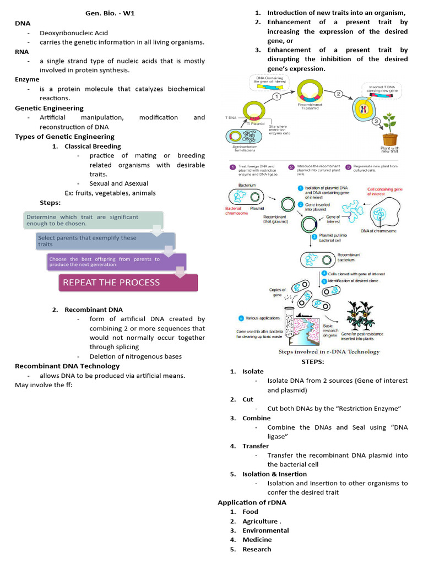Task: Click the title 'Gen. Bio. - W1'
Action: coord(110,14)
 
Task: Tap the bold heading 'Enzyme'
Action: coord(27,79)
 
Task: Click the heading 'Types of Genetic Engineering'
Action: coord(64,137)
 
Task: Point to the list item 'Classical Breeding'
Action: coord(93,146)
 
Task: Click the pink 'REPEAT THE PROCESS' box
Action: coord(128,282)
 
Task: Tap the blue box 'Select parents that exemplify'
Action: coord(105,241)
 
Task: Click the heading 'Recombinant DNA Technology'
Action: coord(67,366)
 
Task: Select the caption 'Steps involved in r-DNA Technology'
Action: coord(329,351)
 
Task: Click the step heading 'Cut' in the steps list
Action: coord(248,399)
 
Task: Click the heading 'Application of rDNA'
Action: coord(252,502)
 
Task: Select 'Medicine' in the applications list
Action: coord(257,540)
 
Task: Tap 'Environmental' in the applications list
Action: coord(265,530)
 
